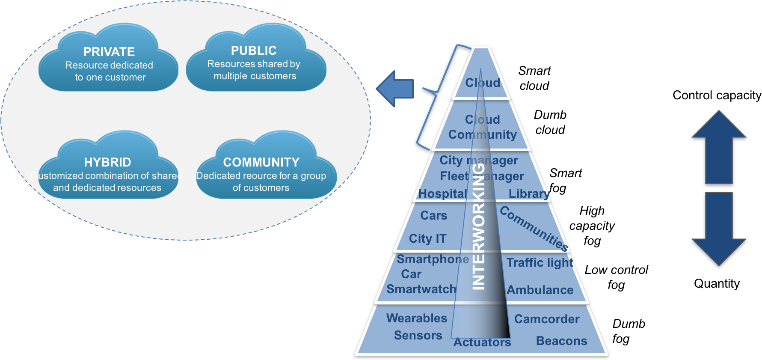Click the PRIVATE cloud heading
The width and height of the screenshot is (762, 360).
tap(109, 52)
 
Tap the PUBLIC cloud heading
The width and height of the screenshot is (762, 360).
tap(254, 51)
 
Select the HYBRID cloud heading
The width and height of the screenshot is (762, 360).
tap(107, 162)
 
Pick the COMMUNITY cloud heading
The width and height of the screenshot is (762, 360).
tap(261, 162)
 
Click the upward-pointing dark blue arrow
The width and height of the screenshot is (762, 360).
tap(719, 148)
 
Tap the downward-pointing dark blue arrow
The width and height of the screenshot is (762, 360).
tap(719, 229)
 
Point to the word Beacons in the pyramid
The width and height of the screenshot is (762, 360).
tap(561, 341)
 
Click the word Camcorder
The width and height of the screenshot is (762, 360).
tap(546, 319)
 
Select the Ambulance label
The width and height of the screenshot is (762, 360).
tap(540, 290)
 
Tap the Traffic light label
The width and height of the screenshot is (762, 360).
tap(540, 262)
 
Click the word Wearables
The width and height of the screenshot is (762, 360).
tap(416, 318)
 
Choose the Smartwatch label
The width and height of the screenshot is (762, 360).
tap(421, 289)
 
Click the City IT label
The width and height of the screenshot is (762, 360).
tap(427, 238)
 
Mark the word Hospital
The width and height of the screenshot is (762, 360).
tap(442, 193)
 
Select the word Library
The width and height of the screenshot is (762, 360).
tap(529, 193)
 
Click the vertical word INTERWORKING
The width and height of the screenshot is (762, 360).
tap(478, 227)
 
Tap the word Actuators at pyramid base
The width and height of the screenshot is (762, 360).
tap(482, 342)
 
